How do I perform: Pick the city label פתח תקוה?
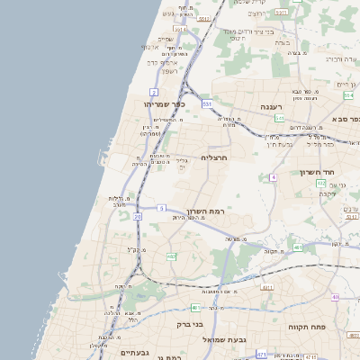point(305,327)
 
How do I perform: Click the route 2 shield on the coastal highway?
point(154,92)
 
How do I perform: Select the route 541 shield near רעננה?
point(280,117)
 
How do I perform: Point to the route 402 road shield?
point(320,183)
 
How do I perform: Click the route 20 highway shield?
point(138,217)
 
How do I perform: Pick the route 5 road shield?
point(161,208)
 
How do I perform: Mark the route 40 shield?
point(335,297)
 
